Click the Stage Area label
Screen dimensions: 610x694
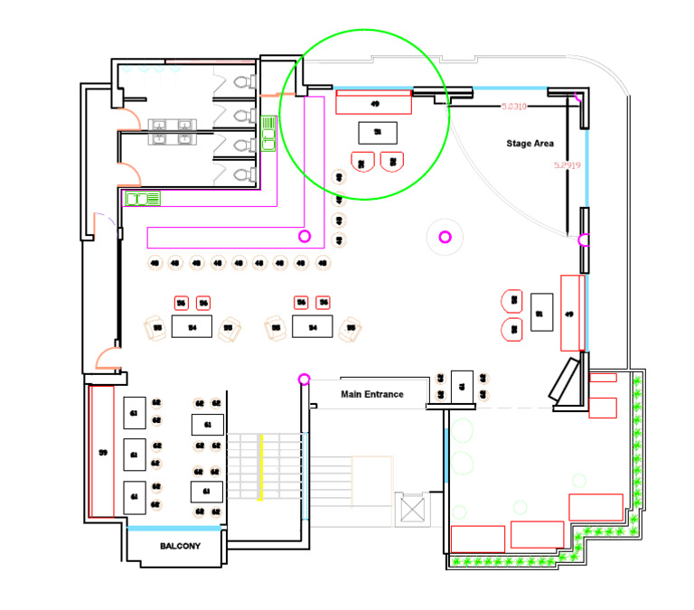point(530,144)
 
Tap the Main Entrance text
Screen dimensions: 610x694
point(370,394)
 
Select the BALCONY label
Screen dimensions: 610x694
point(180,547)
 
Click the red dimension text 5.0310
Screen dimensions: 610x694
point(514,107)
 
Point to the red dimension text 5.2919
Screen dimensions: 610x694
point(567,166)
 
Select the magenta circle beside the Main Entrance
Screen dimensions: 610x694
point(304,379)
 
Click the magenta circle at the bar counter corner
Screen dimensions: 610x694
point(305,236)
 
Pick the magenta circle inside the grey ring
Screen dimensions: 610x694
point(445,237)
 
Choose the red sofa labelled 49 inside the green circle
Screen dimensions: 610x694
point(374,102)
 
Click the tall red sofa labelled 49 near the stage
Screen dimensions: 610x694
point(570,313)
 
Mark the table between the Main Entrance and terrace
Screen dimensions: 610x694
point(462,385)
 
